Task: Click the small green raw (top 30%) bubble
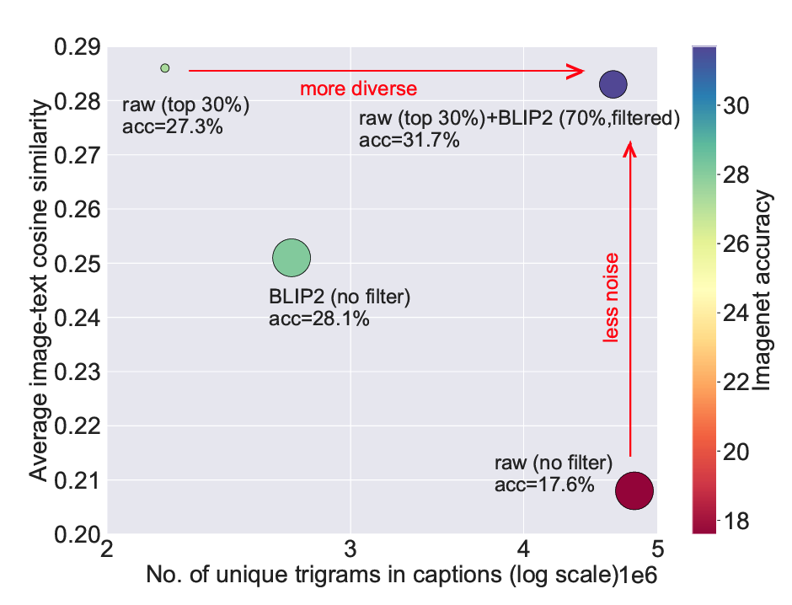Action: pyautogui.click(x=165, y=67)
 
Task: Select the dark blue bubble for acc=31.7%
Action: pyautogui.click(x=613, y=84)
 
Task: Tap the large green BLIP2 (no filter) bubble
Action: pyautogui.click(x=292, y=259)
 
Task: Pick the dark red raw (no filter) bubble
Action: pyautogui.click(x=634, y=490)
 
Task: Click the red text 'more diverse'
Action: pyautogui.click(x=359, y=88)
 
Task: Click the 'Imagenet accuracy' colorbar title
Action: pyautogui.click(x=764, y=292)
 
